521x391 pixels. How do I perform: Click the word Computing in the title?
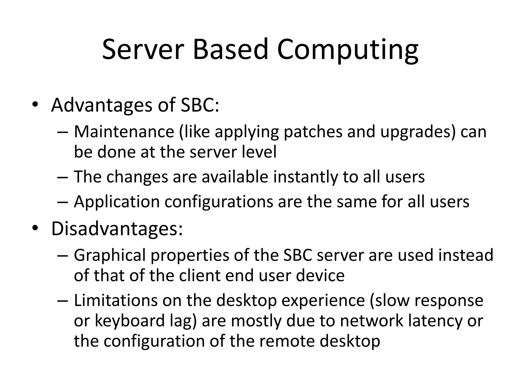348,50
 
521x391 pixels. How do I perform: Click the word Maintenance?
124,132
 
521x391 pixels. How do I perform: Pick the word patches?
313,132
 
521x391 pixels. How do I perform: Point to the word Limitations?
116,300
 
